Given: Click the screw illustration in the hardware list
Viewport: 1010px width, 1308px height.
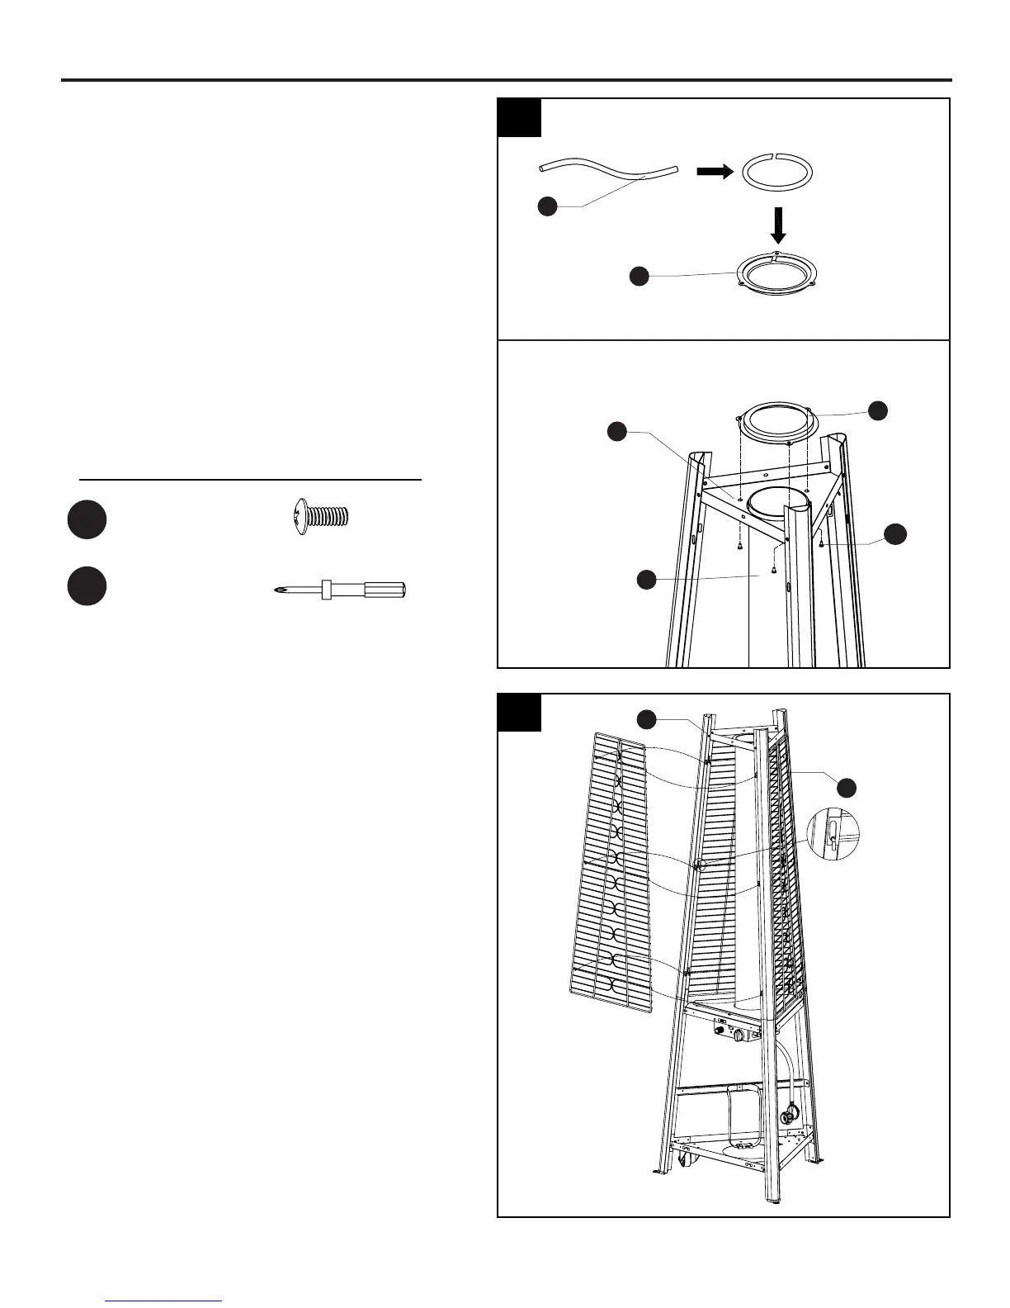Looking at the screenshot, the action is pos(323,518).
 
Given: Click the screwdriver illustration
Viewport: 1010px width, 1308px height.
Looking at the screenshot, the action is pos(340,590).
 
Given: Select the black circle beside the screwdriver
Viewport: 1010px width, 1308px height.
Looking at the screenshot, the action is pos(87,586).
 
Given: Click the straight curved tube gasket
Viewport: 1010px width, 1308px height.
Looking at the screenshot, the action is pos(607,172).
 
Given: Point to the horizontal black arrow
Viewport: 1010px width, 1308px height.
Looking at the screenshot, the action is pos(715,172).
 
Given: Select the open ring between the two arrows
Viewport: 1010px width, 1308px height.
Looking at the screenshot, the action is pos(777,172).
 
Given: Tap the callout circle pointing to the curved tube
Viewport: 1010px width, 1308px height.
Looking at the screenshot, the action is pos(546,206).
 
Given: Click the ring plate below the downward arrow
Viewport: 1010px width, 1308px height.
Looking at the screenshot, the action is pos(781,273).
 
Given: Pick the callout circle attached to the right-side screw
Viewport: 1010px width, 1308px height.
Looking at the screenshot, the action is pos(895,534).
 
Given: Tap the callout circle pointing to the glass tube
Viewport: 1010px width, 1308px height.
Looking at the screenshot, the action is pos(646,581).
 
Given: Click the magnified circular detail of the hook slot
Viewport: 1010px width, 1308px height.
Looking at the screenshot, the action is pos(832,836).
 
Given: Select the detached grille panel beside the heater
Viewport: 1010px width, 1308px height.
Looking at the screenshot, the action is pos(611,875).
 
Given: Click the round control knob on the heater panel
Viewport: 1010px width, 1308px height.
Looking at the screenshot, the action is pos(740,1035).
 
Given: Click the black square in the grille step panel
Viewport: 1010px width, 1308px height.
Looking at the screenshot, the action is pos(520,713).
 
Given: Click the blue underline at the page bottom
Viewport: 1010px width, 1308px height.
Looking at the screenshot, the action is pos(163,1301).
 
